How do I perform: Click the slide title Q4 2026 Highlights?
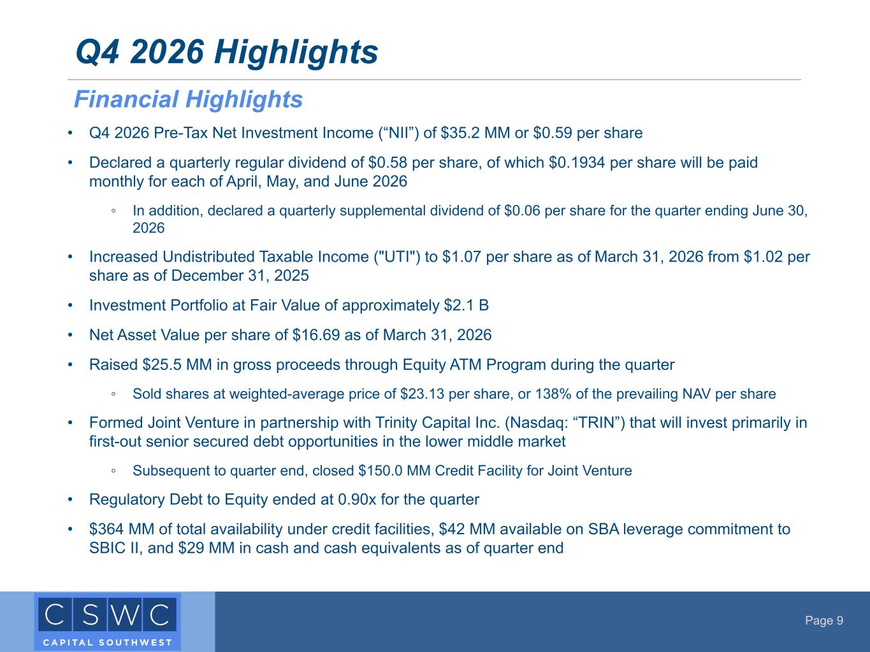tap(227, 52)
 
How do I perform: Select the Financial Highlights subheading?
tap(188, 99)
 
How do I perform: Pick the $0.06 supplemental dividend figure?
tap(522, 210)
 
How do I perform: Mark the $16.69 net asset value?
tap(316, 335)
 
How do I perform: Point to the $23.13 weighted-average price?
tap(422, 394)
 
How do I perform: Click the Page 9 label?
tap(824, 620)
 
